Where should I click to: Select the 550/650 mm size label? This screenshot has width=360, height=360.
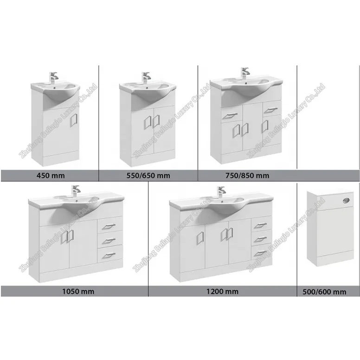[148, 175]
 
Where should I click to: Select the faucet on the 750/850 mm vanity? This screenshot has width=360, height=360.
[244, 73]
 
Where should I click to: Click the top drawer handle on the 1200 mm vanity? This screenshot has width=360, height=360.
[260, 226]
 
